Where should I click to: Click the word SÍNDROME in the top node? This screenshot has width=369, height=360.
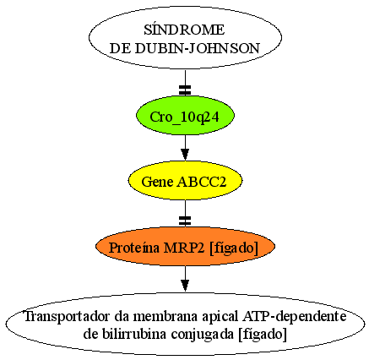click(184, 30)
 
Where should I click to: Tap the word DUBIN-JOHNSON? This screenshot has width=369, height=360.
click(197, 48)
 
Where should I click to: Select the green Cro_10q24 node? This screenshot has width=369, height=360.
click(185, 116)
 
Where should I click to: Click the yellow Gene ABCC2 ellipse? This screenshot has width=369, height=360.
click(185, 181)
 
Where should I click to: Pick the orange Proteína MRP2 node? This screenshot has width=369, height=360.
click(185, 247)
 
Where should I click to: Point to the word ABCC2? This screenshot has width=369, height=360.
click(202, 182)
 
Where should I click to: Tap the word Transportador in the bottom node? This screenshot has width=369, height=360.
click(68, 317)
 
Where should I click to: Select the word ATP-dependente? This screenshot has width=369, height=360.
click(294, 317)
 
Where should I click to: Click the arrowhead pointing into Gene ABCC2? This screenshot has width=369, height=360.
click(185, 154)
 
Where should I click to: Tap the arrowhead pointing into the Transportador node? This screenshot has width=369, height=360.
click(185, 285)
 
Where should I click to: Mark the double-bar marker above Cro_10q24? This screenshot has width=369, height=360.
click(185, 90)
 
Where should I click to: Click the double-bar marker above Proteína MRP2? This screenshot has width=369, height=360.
click(185, 221)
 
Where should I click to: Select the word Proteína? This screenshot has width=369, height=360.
click(134, 248)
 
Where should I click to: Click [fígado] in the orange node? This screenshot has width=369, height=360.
click(234, 248)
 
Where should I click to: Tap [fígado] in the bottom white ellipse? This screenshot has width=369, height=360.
click(263, 335)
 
